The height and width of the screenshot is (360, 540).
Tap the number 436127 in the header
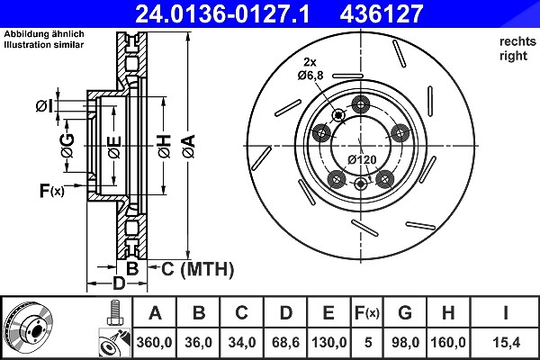[x=382, y=13]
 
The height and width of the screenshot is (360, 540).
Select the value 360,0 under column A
[x=154, y=342]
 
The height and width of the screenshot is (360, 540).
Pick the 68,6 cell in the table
[x=285, y=342]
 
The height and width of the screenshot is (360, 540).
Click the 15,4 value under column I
[x=506, y=342]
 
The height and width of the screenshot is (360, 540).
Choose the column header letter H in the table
[x=447, y=313]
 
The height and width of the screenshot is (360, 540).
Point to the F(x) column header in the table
[x=367, y=313]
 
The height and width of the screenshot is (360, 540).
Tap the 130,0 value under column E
[x=328, y=342]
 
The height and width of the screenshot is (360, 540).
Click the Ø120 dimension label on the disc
[x=362, y=160]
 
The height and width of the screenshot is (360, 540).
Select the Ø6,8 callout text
[x=310, y=75]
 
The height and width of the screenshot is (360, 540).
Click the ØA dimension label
[x=189, y=147]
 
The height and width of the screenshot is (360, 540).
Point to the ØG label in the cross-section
[x=67, y=145]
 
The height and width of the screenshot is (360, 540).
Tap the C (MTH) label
[x=197, y=269]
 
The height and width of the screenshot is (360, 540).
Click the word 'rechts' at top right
[x=517, y=41]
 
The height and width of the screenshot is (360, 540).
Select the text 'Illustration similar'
[x=44, y=45]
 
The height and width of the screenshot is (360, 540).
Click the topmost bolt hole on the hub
[x=361, y=104]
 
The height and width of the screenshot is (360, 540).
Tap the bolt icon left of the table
[x=115, y=312]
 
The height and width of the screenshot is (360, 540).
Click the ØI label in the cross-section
[x=44, y=106]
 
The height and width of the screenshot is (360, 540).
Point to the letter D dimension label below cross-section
[x=119, y=283]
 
